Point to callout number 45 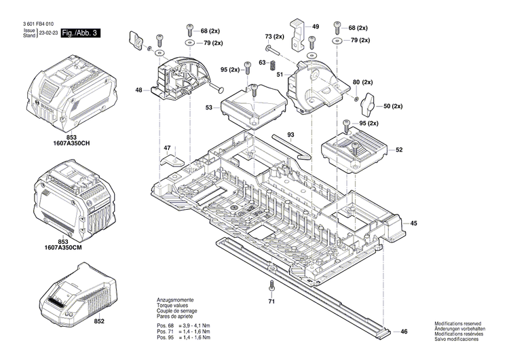coord(413,223)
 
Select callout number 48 coord(138,90)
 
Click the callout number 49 coord(315,26)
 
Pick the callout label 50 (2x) coord(393,107)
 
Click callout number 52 coord(399,149)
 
